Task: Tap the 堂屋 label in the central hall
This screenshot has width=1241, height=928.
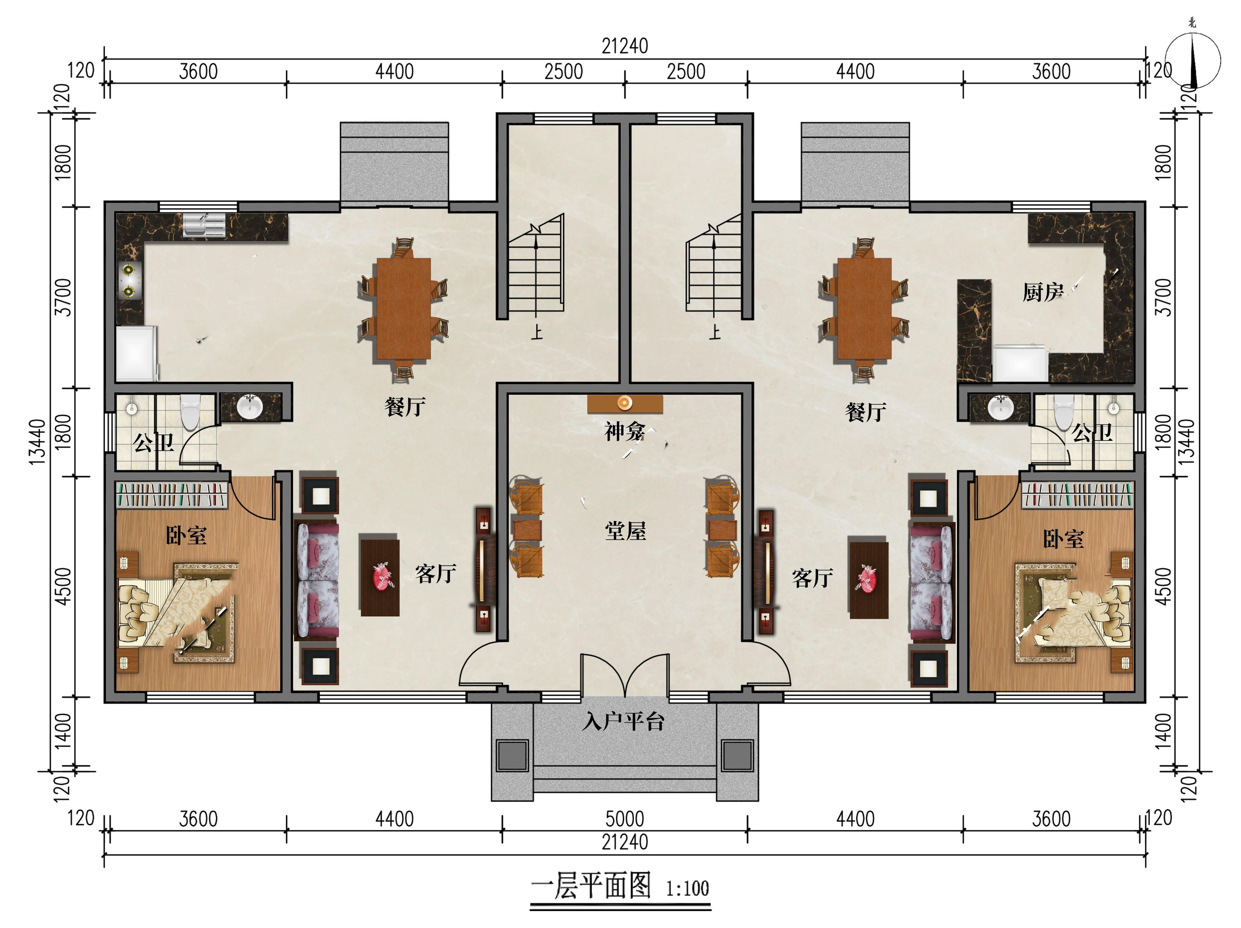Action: (x=625, y=530)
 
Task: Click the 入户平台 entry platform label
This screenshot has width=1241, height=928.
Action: (x=623, y=721)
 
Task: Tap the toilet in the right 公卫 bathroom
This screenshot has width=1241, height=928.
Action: (x=1063, y=411)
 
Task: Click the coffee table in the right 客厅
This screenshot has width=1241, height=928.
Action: (x=868, y=580)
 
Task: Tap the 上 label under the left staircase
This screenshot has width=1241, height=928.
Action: (x=537, y=332)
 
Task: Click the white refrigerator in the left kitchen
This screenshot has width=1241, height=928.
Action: (x=136, y=354)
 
